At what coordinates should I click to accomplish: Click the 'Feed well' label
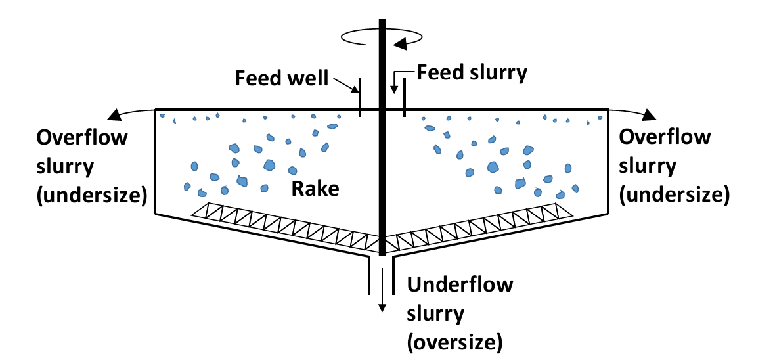click(281, 78)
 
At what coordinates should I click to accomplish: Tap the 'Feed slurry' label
click(472, 72)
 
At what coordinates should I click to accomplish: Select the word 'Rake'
click(317, 189)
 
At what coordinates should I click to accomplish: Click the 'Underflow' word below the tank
click(460, 286)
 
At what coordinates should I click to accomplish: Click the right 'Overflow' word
click(665, 137)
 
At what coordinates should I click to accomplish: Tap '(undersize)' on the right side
click(675, 195)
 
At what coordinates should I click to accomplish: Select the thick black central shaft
click(382, 164)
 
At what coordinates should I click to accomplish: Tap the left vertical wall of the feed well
click(360, 97)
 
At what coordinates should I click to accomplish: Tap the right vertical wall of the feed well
click(404, 97)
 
